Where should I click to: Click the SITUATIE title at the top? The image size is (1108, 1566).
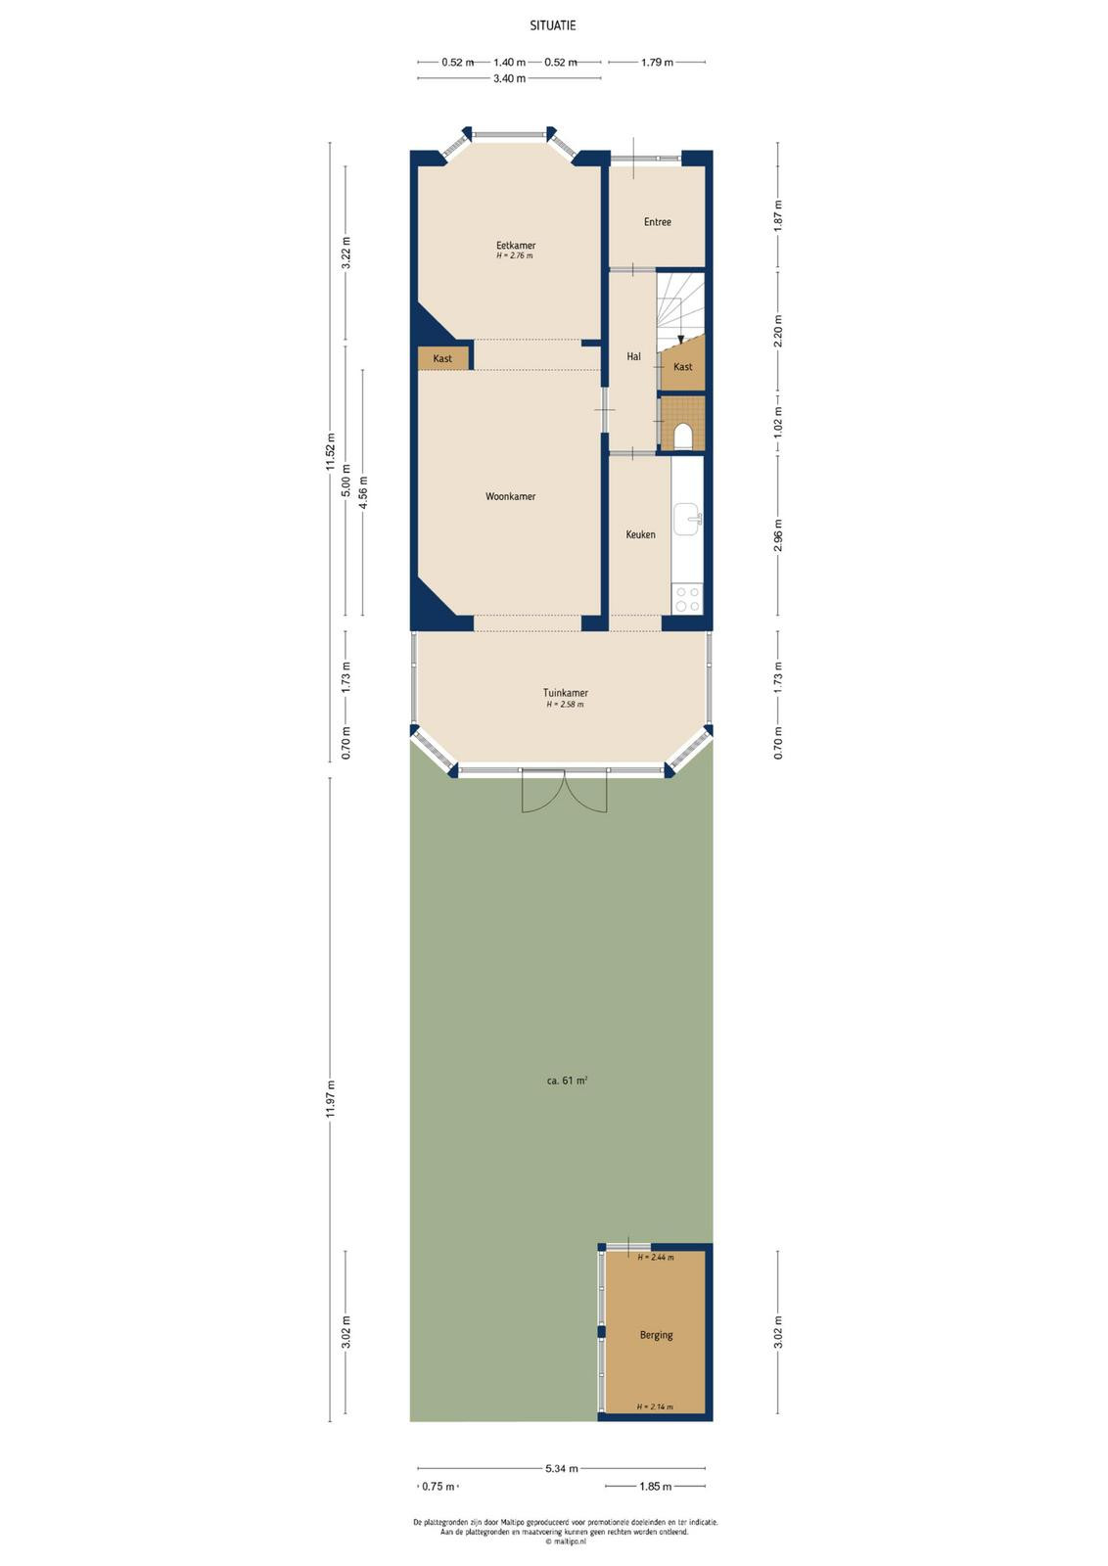[x=552, y=25]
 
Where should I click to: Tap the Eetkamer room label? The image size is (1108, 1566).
[x=516, y=246]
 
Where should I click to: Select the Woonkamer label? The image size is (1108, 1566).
[x=510, y=496]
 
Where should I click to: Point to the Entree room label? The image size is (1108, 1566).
[x=657, y=221]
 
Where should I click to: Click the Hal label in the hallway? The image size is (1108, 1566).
[x=633, y=356]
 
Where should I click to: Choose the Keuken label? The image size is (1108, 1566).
[x=640, y=534]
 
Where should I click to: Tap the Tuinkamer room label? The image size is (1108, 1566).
[x=566, y=693]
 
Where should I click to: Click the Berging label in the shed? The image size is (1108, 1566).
[x=656, y=1335]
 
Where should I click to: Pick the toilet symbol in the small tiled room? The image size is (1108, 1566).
[x=683, y=437]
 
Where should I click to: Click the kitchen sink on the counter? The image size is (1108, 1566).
[x=687, y=518]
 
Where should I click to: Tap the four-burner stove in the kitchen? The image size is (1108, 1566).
[x=687, y=600]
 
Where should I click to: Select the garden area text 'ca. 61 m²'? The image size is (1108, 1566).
[x=566, y=1081]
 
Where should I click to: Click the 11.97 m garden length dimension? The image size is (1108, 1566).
[x=331, y=1099]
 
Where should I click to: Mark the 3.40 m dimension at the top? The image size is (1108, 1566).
[x=510, y=78]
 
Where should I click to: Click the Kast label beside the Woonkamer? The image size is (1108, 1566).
[x=442, y=358]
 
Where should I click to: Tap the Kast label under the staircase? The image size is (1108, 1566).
[x=683, y=366]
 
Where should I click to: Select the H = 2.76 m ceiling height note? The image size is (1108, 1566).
[x=515, y=255]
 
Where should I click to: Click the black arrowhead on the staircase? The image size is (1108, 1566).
[x=681, y=340]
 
